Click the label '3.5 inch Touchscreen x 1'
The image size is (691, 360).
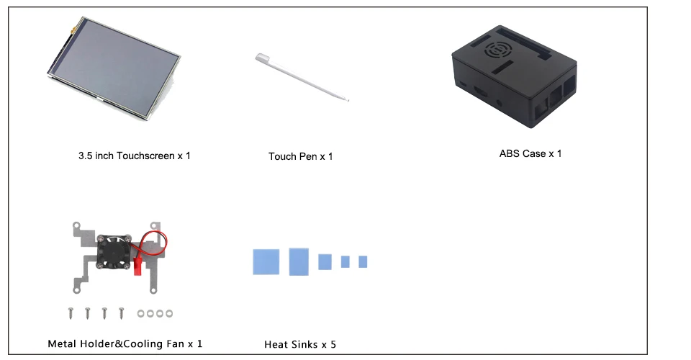[135, 156]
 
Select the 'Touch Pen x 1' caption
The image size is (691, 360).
[301, 156]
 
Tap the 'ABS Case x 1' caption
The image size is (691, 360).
[530, 153]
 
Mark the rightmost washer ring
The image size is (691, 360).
[169, 313]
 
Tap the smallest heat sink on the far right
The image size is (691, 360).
[363, 261]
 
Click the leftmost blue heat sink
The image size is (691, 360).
[266, 261]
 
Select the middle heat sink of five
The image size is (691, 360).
[325, 261]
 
